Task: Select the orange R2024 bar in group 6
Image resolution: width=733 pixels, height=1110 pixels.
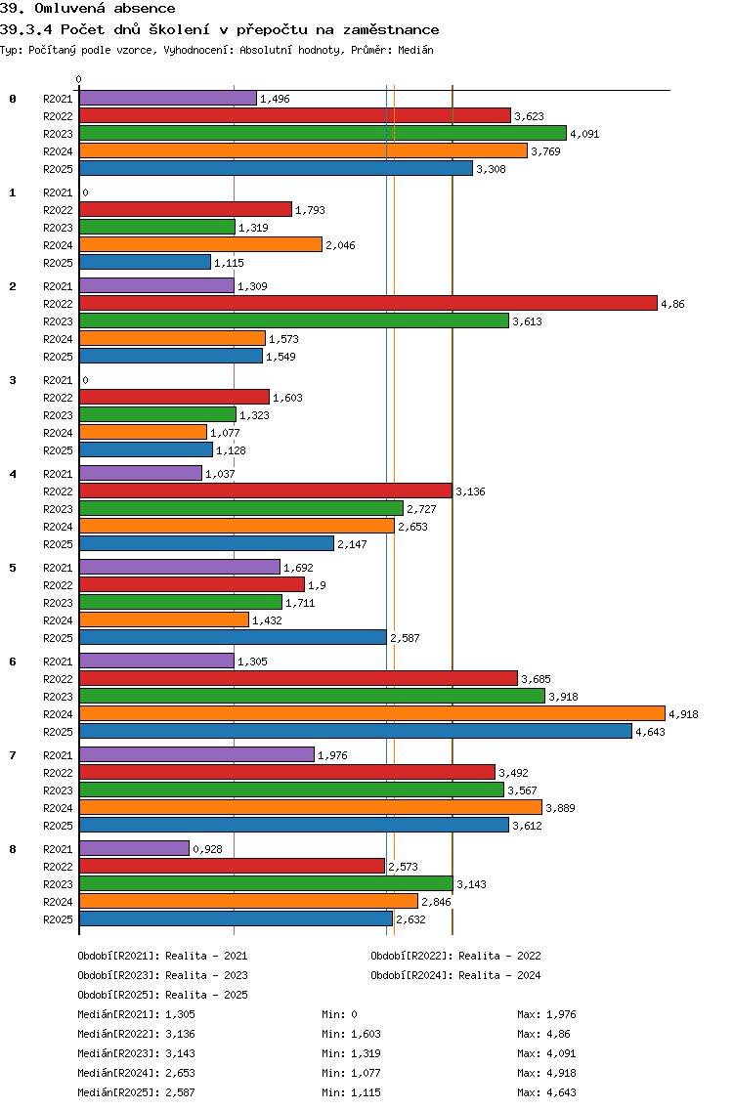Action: pos(371,713)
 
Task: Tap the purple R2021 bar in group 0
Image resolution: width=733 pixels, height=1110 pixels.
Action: pos(167,98)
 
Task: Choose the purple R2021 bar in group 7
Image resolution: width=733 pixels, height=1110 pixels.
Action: pos(196,754)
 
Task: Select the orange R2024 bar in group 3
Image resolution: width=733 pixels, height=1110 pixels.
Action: pos(143,432)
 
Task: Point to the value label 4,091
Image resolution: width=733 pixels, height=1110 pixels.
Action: pos(584,134)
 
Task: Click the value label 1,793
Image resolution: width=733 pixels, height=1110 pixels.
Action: pos(310,210)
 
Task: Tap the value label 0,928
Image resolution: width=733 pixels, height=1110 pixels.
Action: pos(207,849)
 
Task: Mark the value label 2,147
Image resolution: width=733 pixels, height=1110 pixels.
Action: pos(352,544)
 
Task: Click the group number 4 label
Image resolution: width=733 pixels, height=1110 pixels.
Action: pos(13,474)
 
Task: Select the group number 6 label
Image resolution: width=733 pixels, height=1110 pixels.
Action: pos(13,662)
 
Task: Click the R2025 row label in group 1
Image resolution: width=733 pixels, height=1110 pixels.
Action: pos(58,263)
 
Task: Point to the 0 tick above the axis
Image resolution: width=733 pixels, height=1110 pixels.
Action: pos(79,79)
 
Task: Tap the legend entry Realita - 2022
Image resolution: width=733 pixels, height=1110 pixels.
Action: pos(455,956)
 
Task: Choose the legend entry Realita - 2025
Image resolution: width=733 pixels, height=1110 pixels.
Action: pos(162,995)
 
